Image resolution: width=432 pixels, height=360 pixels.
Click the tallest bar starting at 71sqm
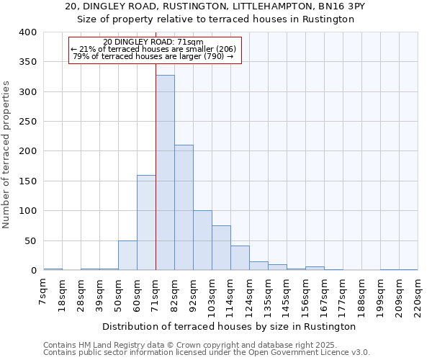165,173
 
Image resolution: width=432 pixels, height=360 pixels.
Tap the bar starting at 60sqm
146,222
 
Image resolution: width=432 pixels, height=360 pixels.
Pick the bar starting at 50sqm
127,255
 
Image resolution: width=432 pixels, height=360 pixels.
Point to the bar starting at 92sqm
202,240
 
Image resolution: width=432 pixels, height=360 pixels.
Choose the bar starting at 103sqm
221,248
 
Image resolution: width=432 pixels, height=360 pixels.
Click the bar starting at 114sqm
240,258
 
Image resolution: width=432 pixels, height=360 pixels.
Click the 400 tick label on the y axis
28,32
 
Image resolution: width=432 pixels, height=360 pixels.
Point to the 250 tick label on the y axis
28,122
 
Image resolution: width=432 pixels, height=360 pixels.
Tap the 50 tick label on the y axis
31,240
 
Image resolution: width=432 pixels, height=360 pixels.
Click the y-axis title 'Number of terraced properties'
6,154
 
